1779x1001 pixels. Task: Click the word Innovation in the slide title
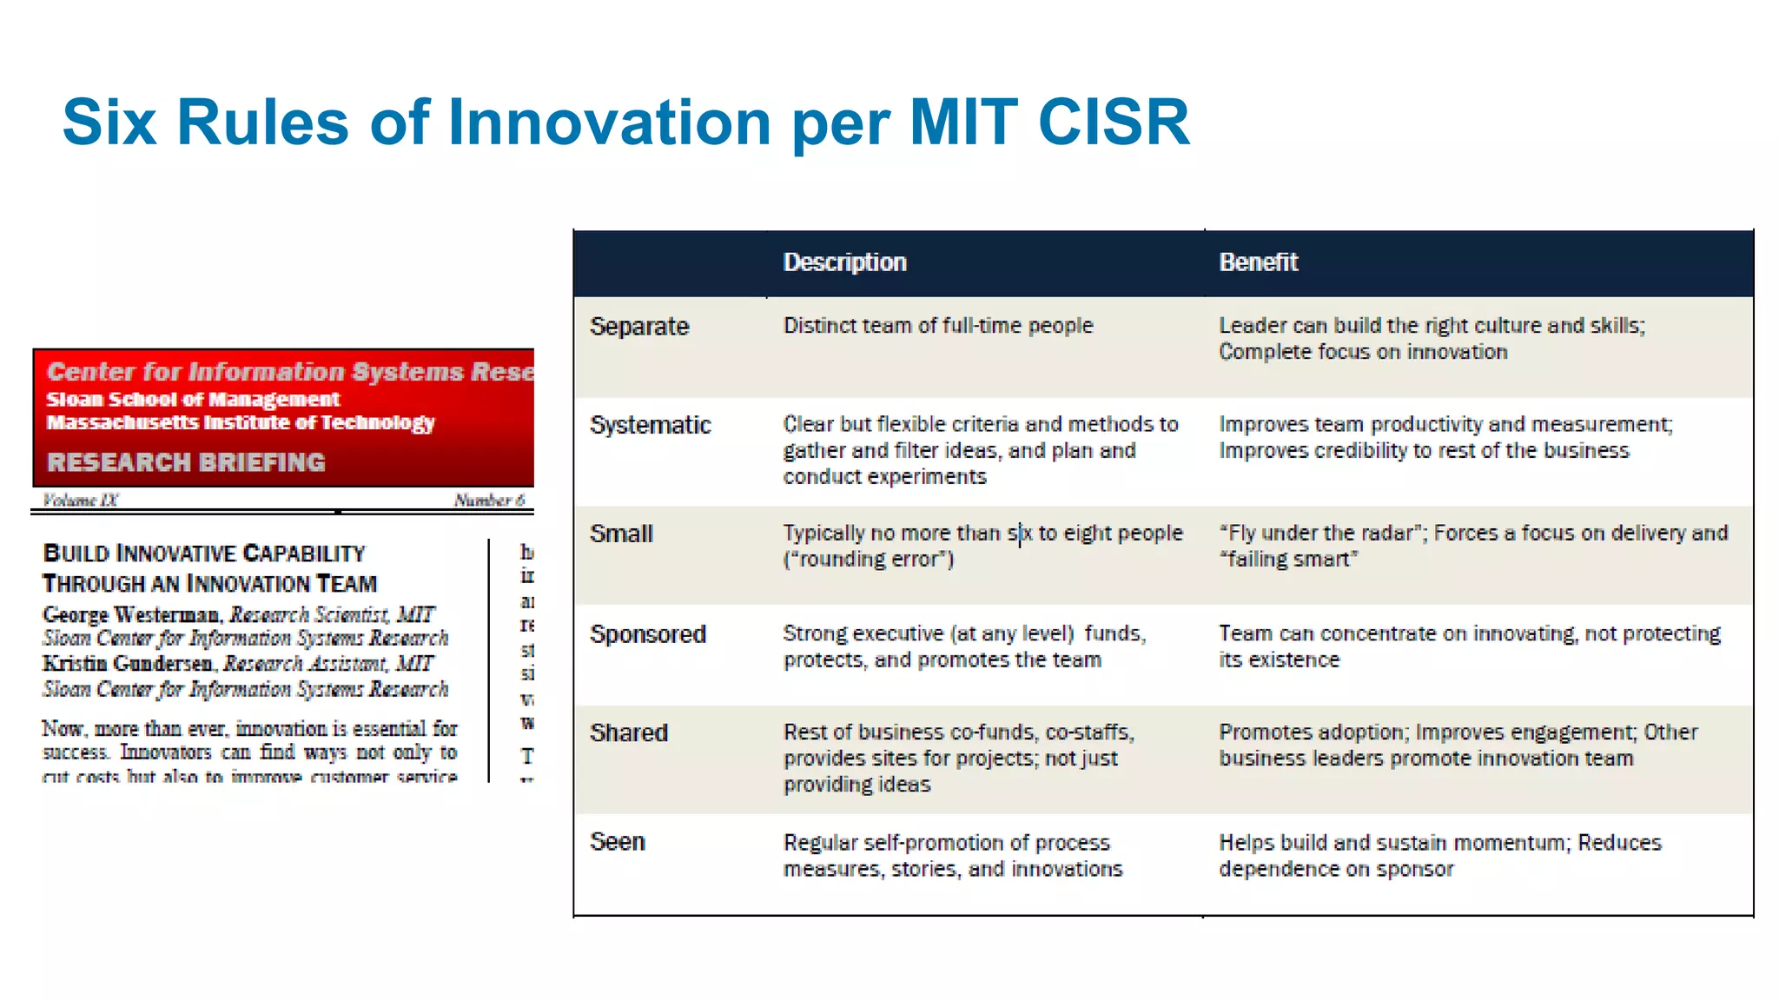[609, 122]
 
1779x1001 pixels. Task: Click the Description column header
[844, 262]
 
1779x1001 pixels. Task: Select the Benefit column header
[1258, 262]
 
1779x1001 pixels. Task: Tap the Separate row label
[639, 327]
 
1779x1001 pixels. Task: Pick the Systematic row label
[650, 425]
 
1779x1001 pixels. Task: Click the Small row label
[621, 534]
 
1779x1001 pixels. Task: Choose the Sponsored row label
[647, 634]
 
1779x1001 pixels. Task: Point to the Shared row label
[629, 733]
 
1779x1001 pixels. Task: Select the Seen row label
[618, 842]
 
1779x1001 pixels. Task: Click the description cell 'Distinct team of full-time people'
[938, 326]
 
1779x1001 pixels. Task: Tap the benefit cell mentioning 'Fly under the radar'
[1472, 546]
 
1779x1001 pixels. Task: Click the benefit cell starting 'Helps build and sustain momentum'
[1439, 855]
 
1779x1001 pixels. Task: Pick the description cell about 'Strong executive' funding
[964, 646]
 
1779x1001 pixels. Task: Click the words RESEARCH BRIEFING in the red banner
[186, 462]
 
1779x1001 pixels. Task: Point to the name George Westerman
[130, 614]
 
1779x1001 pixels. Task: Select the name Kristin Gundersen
[128, 664]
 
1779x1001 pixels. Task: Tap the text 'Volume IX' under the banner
[80, 500]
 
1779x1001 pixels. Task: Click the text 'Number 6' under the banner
[489, 500]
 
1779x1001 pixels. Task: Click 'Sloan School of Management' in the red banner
[193, 400]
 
